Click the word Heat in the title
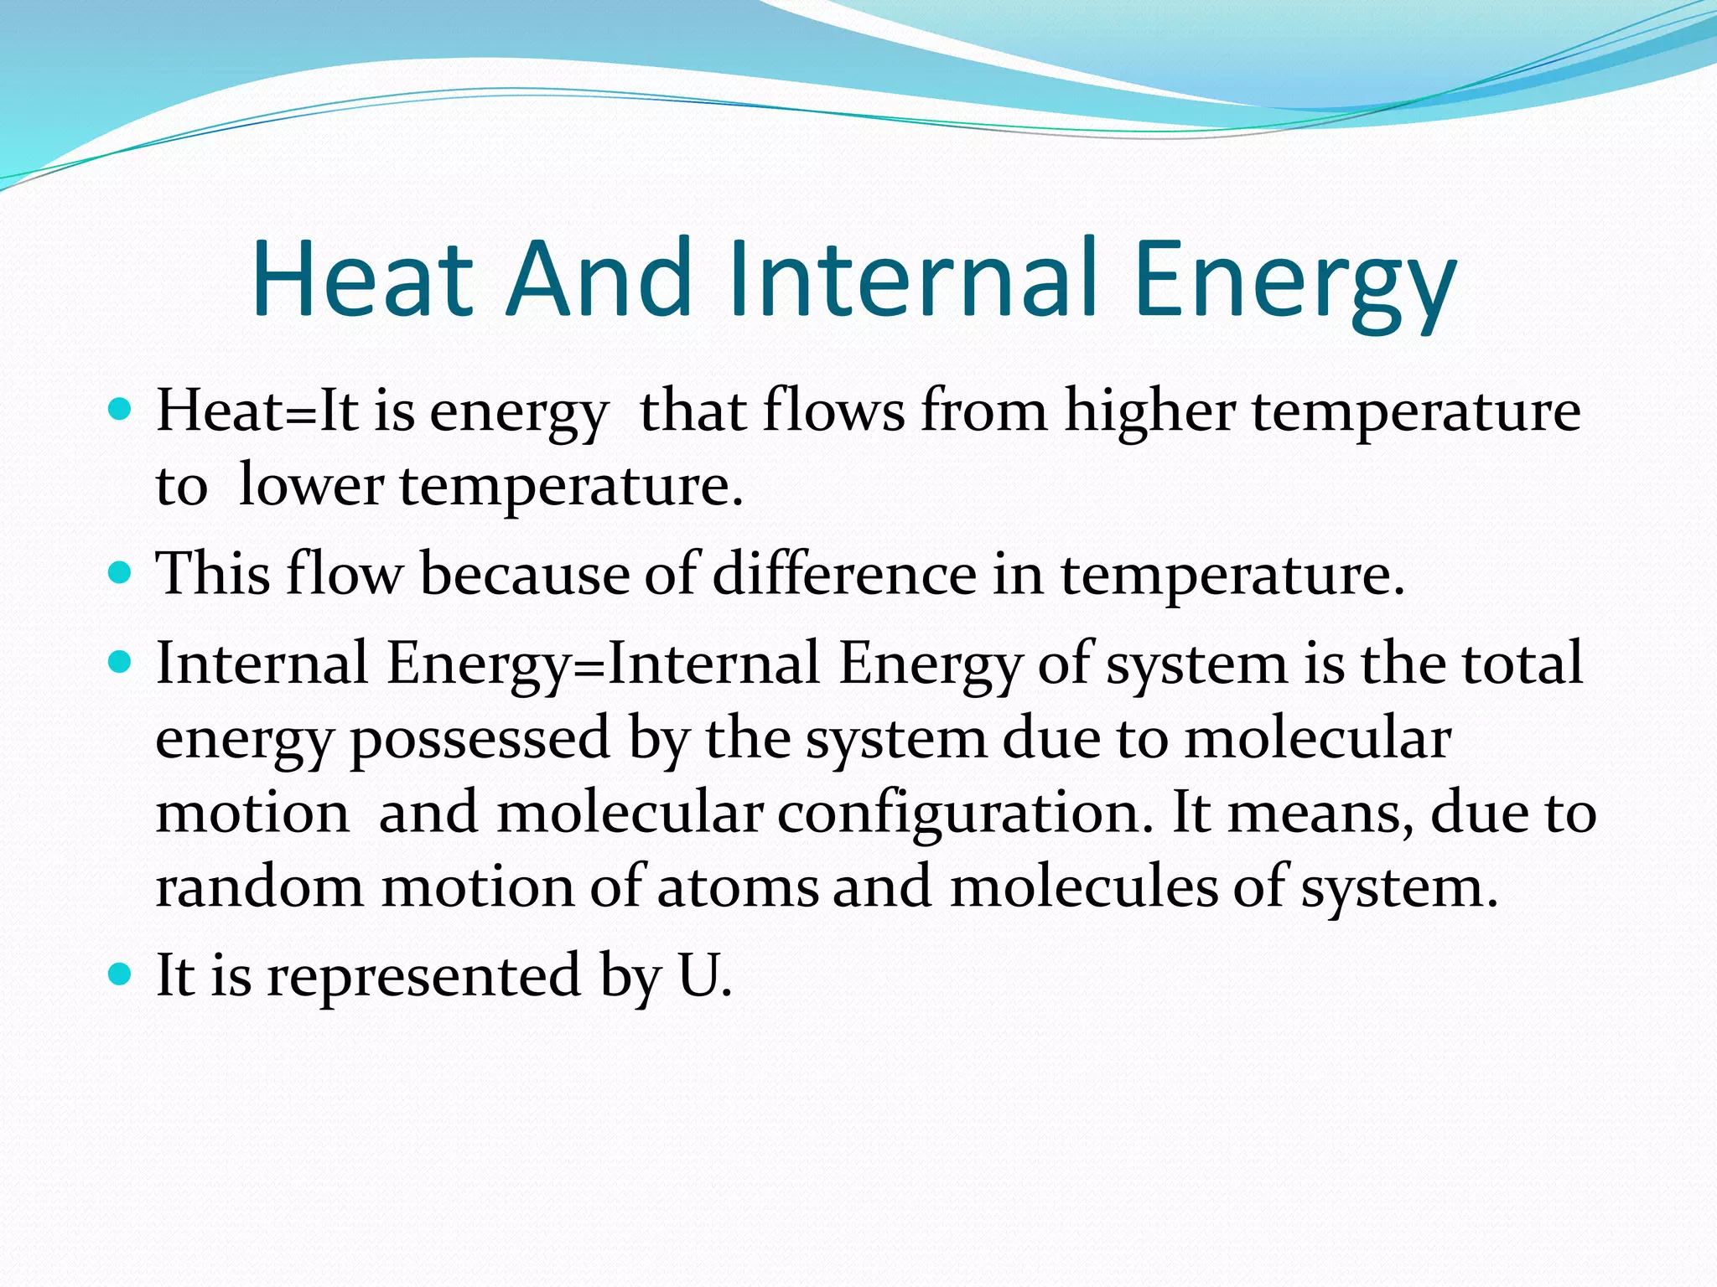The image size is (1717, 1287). [x=362, y=278]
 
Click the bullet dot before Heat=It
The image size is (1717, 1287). [x=121, y=411]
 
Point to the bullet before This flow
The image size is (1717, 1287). [x=121, y=574]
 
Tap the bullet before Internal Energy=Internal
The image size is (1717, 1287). [x=121, y=663]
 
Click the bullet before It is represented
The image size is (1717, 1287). [x=121, y=974]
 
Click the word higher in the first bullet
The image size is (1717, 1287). [x=1149, y=412]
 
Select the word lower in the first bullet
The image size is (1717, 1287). [x=310, y=485]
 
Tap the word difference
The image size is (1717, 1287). [x=844, y=575]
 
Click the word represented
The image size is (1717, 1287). [x=423, y=977]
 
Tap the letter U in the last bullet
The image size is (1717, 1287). [x=698, y=975]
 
